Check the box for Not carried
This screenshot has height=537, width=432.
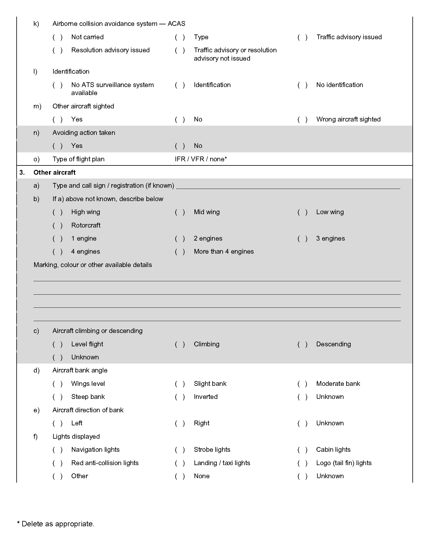(x=58, y=37)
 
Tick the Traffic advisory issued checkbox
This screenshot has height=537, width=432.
(x=303, y=37)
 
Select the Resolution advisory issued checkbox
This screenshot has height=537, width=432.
(x=58, y=50)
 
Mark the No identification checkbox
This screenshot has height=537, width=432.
(x=303, y=85)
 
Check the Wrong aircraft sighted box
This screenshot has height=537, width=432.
(x=303, y=119)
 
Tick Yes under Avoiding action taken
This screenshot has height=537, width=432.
(x=58, y=146)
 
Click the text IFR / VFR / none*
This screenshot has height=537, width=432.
(x=201, y=159)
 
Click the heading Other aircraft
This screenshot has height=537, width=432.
(x=54, y=173)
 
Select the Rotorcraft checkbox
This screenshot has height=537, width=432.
(x=58, y=225)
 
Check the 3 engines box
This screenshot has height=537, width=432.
(x=303, y=239)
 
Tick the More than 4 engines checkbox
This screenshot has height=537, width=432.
(x=180, y=252)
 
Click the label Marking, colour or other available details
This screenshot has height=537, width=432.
(x=93, y=265)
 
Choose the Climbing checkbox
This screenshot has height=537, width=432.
(x=180, y=344)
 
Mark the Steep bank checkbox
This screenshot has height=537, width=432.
(x=58, y=397)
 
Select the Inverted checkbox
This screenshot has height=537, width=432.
(x=180, y=397)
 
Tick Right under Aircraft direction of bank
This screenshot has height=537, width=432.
(x=180, y=423)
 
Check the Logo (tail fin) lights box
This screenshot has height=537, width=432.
(x=303, y=463)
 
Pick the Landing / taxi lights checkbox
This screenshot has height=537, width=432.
(x=180, y=463)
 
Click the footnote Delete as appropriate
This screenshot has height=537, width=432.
(x=58, y=524)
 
